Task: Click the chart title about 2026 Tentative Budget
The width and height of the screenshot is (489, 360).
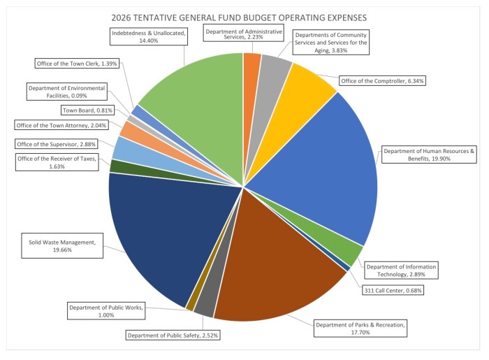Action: (244, 16)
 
